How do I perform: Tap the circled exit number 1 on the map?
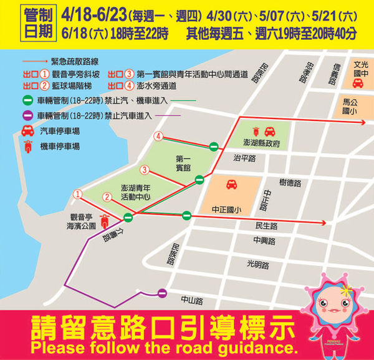77,195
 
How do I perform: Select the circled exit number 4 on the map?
160,137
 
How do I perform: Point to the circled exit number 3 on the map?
145,170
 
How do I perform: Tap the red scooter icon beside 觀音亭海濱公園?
105,220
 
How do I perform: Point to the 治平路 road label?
244,158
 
